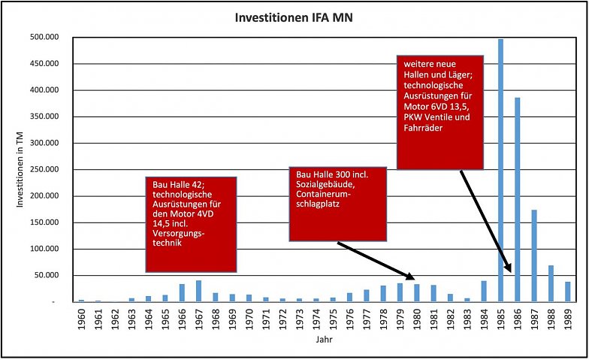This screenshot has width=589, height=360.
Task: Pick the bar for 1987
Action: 534,256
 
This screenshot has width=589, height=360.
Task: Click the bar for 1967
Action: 198,291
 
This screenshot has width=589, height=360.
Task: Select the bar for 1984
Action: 484,291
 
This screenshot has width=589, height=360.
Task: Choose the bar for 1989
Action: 567,292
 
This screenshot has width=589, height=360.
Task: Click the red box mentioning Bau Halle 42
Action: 191,224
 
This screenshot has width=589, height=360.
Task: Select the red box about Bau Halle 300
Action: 338,204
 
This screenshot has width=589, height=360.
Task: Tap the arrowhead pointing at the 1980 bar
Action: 410,277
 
